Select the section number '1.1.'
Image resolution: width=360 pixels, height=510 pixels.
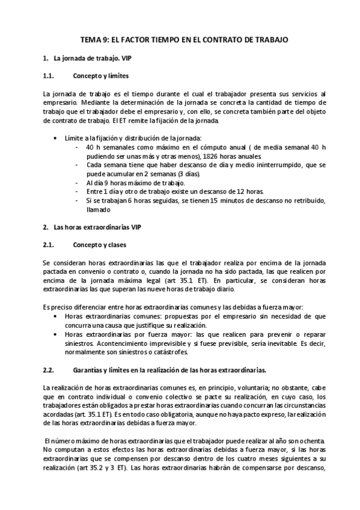tap(49, 76)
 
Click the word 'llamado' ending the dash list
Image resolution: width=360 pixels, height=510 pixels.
tap(99, 210)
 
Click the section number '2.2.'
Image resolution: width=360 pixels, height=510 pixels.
tap(49, 369)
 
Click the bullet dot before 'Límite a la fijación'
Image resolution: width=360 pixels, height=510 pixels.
tap(56, 138)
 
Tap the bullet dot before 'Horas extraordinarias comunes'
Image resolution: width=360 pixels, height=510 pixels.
tap(56, 315)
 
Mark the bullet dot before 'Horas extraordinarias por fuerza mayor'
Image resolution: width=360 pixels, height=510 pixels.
tap(56, 333)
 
